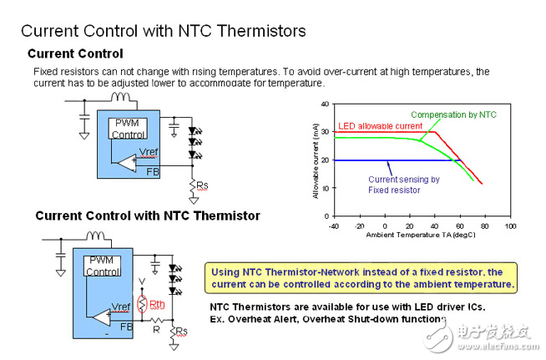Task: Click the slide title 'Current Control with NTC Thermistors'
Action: tap(163, 31)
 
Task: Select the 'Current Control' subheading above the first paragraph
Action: tap(75, 54)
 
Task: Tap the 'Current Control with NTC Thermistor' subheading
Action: tap(147, 215)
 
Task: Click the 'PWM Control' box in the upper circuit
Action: tap(130, 129)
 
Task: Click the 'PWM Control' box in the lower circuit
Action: tap(104, 266)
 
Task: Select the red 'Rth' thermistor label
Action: tap(156, 304)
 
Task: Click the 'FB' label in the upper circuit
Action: tap(153, 170)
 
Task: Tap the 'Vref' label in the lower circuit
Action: tap(120, 307)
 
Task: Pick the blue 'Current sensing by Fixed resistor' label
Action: tap(403, 185)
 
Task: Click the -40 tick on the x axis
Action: tap(333, 226)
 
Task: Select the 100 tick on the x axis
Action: tap(511, 226)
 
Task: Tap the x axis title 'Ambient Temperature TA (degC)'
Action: tap(422, 236)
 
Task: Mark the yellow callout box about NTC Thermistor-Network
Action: tap(361, 278)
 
